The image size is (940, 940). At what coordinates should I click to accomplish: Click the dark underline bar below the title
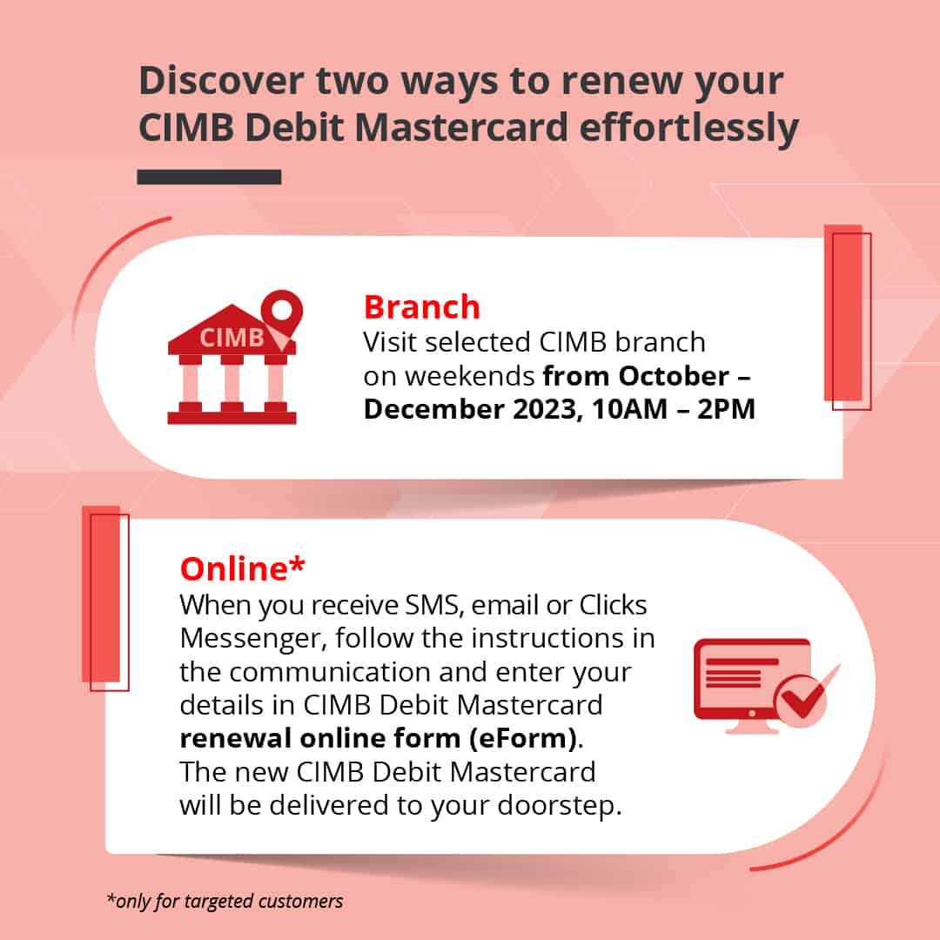[209, 177]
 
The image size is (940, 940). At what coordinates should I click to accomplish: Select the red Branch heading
[421, 307]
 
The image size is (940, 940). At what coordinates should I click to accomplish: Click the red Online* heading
[242, 568]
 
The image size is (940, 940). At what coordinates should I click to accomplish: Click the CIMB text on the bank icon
[231, 338]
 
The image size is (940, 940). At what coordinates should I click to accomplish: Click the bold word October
[674, 376]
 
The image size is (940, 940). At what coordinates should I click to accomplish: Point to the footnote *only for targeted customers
[225, 901]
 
